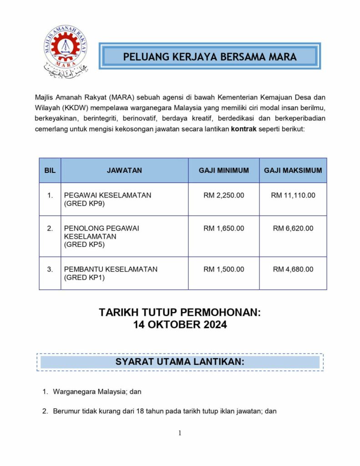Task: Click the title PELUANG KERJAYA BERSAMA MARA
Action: click(x=210, y=57)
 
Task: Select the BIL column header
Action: click(x=50, y=171)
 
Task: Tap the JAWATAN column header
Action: click(x=124, y=171)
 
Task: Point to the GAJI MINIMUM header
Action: click(x=223, y=171)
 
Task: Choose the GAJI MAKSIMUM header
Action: click(x=293, y=171)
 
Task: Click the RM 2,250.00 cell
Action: click(x=223, y=195)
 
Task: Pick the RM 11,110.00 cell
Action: click(x=293, y=195)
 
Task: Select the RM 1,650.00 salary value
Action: click(x=223, y=228)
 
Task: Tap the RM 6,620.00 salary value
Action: click(x=293, y=228)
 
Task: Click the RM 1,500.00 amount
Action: click(x=223, y=269)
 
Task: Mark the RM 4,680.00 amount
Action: click(x=293, y=269)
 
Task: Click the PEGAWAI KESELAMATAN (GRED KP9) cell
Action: click(x=107, y=199)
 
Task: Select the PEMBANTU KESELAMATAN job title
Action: click(x=111, y=269)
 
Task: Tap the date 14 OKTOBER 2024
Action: click(x=180, y=325)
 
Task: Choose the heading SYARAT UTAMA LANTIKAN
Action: click(x=180, y=362)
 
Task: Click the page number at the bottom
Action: click(x=180, y=433)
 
